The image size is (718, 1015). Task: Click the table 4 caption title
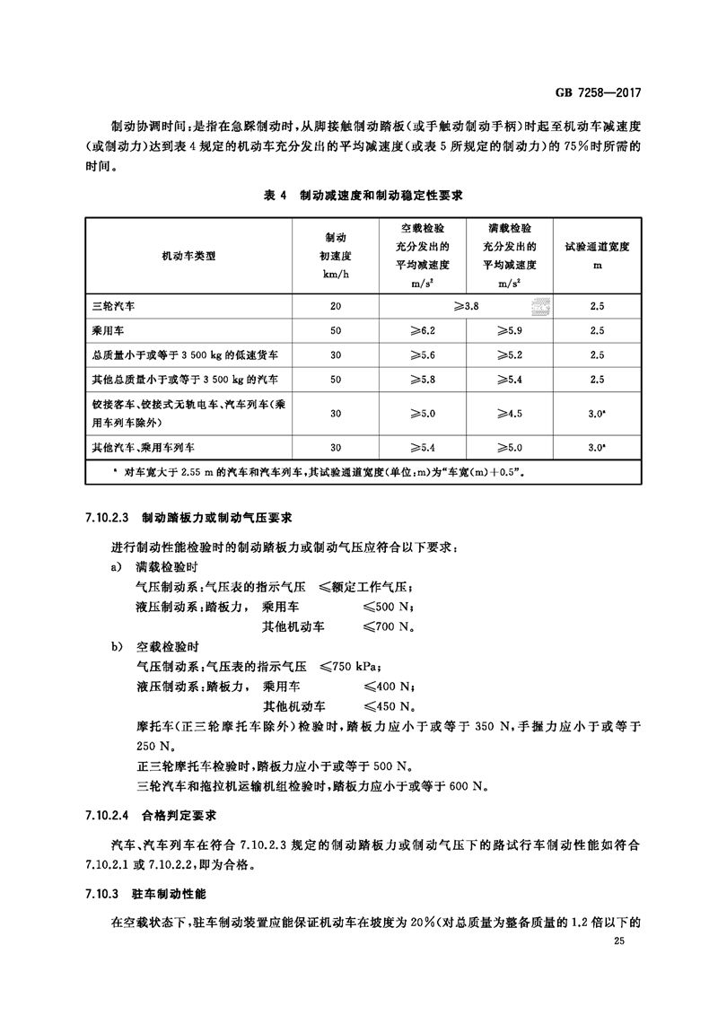tap(360, 194)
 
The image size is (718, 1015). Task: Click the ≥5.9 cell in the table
tap(509, 330)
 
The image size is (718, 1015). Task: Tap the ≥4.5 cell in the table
tap(509, 414)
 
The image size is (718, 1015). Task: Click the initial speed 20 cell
tap(336, 306)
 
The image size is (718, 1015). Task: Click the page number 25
tap(618, 941)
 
